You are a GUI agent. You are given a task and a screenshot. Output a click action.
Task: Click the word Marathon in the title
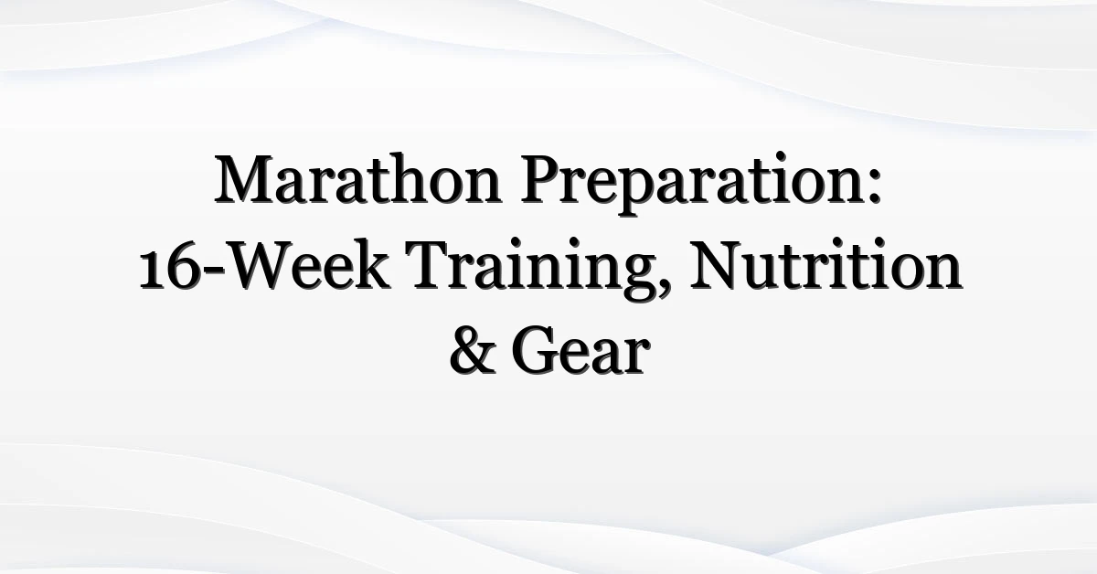[x=358, y=179]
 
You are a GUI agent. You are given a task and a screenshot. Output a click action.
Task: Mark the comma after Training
[x=664, y=289]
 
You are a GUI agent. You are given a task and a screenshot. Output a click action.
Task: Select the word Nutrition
[x=825, y=264]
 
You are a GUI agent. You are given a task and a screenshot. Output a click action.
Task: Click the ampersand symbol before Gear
[x=473, y=351]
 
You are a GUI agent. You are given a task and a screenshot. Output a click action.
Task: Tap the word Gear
[x=580, y=351]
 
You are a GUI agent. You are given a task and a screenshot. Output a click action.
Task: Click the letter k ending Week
[x=372, y=264]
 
